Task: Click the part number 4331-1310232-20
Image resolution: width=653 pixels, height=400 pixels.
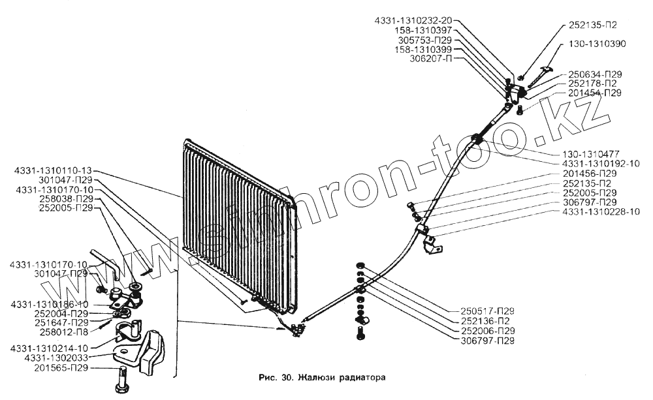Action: pyautogui.click(x=413, y=21)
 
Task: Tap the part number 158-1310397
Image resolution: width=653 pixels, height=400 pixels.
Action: pyautogui.click(x=424, y=30)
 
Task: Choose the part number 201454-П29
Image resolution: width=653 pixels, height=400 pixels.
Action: pyautogui.click(x=594, y=93)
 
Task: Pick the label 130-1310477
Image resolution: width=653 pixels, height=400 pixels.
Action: pyautogui.click(x=589, y=154)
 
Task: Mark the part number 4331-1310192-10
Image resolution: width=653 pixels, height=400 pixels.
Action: pyautogui.click(x=600, y=163)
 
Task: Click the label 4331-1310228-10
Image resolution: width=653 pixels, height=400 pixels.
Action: pyautogui.click(x=600, y=211)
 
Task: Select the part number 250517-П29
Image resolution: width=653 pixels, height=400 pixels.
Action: pyautogui.click(x=483, y=310)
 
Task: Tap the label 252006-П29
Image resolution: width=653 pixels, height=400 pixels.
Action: pyautogui.click(x=483, y=330)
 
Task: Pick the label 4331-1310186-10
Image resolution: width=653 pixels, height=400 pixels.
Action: pyautogui.click(x=50, y=304)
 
